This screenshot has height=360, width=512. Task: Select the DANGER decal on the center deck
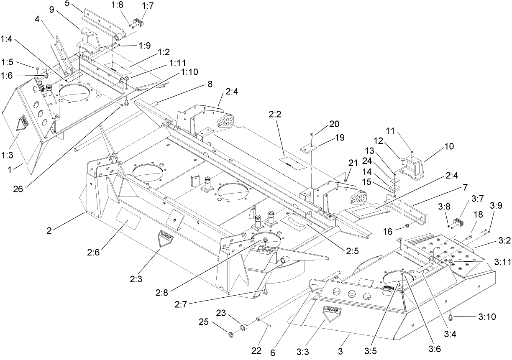pyautogui.click(x=166, y=237)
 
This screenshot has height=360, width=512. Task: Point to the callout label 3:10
pyautogui.click(x=486, y=317)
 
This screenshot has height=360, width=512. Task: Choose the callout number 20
pyautogui.click(x=334, y=124)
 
